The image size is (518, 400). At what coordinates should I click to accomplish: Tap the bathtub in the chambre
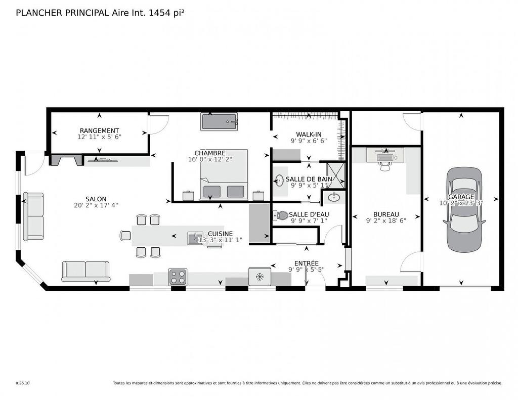point(219,122)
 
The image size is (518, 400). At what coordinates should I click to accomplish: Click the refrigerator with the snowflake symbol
point(260,277)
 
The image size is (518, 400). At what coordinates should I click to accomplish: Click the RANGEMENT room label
point(99,130)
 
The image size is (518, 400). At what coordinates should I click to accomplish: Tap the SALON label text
point(95,199)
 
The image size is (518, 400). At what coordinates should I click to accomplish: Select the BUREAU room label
point(386,214)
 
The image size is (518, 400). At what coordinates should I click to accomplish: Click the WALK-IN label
point(309,134)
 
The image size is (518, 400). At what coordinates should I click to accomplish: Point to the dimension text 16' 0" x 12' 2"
point(209,160)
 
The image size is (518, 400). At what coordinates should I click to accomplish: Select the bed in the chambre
point(224,174)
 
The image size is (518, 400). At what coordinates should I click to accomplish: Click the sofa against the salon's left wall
point(33,216)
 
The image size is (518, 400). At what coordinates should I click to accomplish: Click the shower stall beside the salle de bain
point(334,174)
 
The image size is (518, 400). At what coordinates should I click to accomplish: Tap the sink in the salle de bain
point(279,180)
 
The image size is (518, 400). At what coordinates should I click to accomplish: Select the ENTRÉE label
point(307,263)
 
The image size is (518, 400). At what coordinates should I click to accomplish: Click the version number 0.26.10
point(23,383)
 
